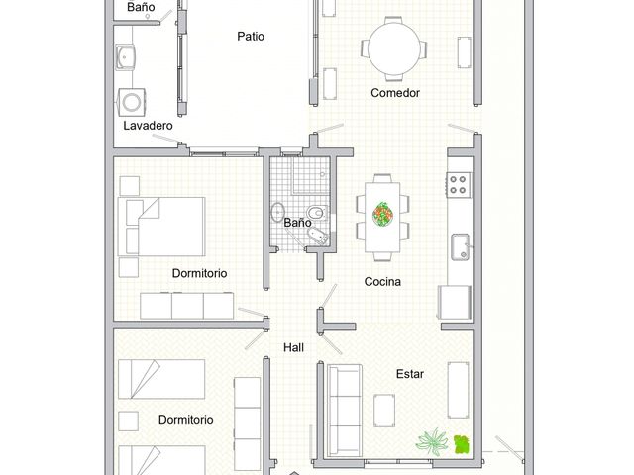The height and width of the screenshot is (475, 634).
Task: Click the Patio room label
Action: pyautogui.click(x=251, y=37)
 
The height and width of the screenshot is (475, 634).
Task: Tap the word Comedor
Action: pyautogui.click(x=395, y=93)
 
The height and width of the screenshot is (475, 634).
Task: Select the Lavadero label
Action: pyautogui.click(x=148, y=126)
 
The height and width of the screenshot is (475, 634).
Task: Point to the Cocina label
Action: pyautogui.click(x=382, y=281)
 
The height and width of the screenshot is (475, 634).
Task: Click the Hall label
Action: pyautogui.click(x=293, y=347)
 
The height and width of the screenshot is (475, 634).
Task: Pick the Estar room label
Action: pyautogui.click(x=410, y=374)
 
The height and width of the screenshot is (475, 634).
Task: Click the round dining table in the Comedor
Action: pyautogui.click(x=394, y=48)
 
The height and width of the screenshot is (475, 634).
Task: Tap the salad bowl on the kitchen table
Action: pyautogui.click(x=382, y=214)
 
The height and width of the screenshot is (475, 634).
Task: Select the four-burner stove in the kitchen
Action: pyautogui.click(x=459, y=185)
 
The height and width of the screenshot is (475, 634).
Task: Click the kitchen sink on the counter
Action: pyautogui.click(x=461, y=246)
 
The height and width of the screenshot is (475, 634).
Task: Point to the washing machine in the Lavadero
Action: pyautogui.click(x=132, y=102)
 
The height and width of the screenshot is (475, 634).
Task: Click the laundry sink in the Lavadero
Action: pyautogui.click(x=125, y=57)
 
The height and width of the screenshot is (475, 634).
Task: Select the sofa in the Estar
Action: pyautogui.click(x=345, y=411)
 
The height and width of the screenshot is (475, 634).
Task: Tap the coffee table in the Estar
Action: pyautogui.click(x=384, y=410)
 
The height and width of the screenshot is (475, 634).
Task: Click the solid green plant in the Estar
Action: pyautogui.click(x=462, y=444)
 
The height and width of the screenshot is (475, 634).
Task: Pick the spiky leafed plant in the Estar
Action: pyautogui.click(x=432, y=442)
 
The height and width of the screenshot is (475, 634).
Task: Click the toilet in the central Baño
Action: pyautogui.click(x=317, y=212)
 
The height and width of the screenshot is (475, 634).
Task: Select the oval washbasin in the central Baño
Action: pyautogui.click(x=277, y=212)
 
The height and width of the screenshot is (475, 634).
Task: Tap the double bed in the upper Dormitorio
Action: pyautogui.click(x=161, y=227)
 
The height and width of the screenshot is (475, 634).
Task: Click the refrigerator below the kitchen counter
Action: pyautogui.click(x=456, y=302)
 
